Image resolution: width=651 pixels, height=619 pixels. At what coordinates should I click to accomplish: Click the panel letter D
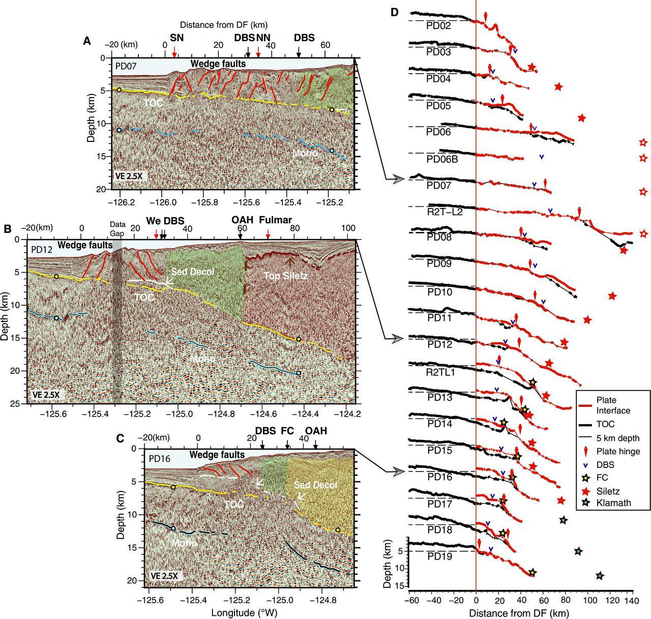(394, 12)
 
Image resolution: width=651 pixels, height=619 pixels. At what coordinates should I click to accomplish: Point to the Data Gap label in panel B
(117, 228)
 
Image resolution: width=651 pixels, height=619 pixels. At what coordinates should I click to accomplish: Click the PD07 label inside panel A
(126, 66)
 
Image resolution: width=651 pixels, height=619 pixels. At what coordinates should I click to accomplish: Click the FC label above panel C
(288, 431)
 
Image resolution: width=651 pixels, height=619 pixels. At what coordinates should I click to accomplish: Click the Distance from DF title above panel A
(224, 24)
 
